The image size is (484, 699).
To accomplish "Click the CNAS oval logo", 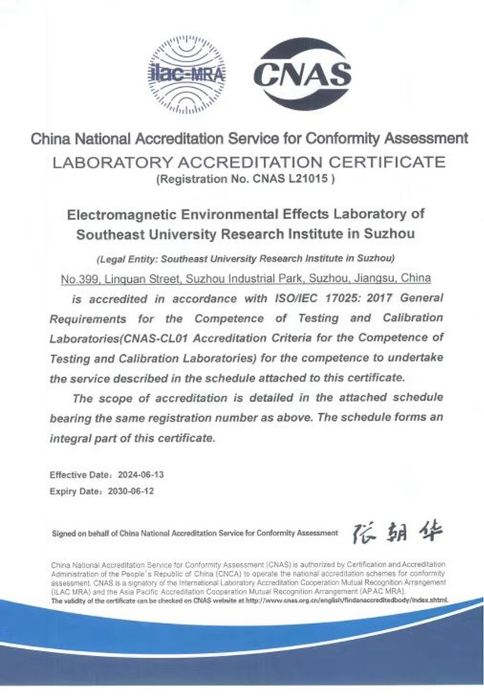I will pyautogui.click(x=301, y=74).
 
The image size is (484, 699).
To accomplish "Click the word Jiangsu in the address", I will pyautogui.click(x=376, y=278).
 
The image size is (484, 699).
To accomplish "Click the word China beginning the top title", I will pyautogui.click(x=50, y=139).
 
